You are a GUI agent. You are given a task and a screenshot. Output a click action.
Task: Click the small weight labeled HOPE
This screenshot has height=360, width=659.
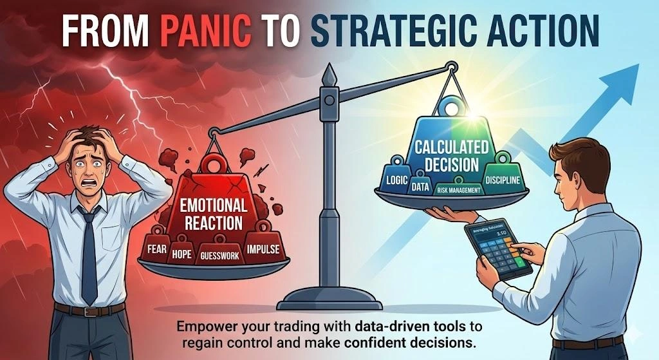(181, 254)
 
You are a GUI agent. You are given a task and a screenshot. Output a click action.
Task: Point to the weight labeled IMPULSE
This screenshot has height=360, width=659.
(262, 248)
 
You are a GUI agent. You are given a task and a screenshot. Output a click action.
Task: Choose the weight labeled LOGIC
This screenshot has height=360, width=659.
(397, 180)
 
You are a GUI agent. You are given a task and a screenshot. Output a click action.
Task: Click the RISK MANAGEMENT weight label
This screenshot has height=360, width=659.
(459, 190)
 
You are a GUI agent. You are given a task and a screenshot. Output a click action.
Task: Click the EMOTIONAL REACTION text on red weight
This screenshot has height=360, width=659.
(212, 215)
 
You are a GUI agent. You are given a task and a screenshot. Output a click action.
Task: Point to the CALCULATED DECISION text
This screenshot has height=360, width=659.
(447, 156)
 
